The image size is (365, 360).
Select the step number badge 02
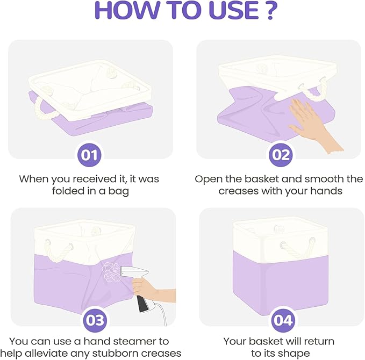pyautogui.click(x=281, y=155)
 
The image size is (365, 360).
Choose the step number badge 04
pyautogui.click(x=283, y=320)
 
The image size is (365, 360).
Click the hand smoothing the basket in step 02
pyautogui.click(x=312, y=126)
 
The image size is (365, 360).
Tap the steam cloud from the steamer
pyautogui.click(x=111, y=272)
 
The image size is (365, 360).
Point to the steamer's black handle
pyautogui.click(x=142, y=303)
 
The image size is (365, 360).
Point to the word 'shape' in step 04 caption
pyautogui.click(x=295, y=354)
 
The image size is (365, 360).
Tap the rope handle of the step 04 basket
pyautogui.click(x=297, y=248)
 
